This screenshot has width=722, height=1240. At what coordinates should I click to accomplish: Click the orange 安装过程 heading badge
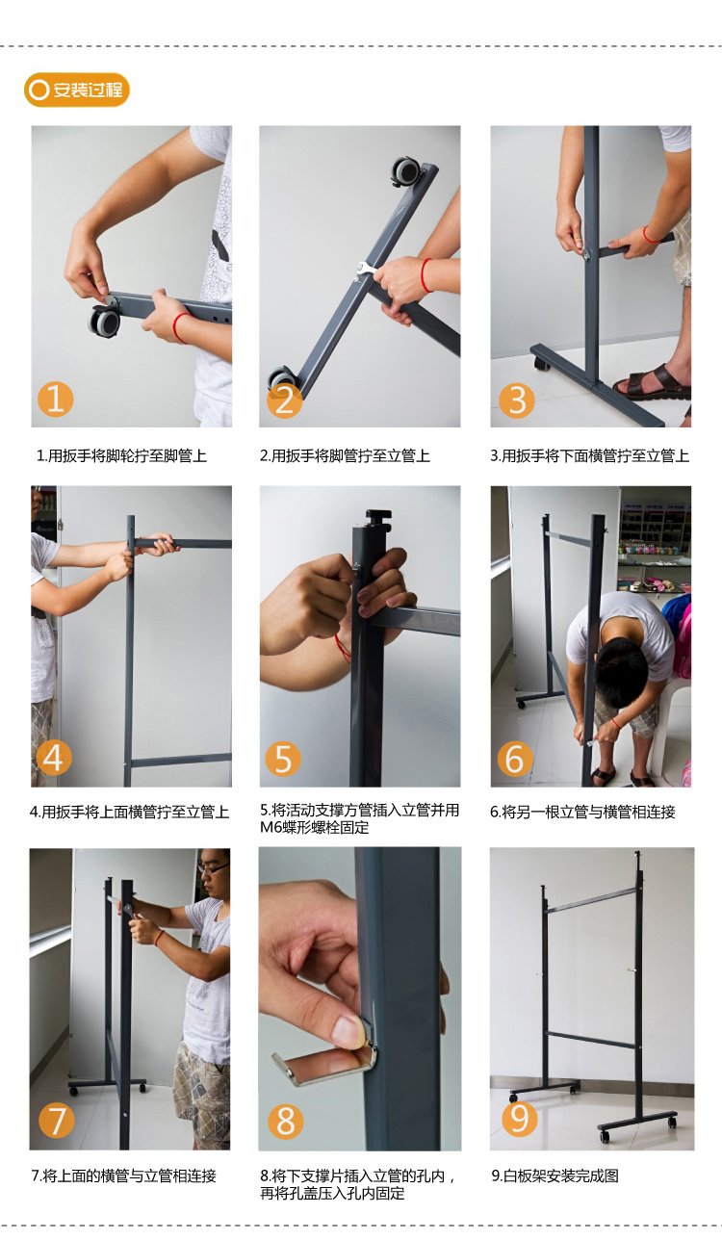[77, 90]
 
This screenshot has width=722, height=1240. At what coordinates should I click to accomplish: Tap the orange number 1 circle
[56, 399]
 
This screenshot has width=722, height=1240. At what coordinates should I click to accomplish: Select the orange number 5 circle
[283, 759]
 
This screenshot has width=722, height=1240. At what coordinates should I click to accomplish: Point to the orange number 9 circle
[519, 1119]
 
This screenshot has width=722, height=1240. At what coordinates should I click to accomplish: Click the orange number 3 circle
[517, 400]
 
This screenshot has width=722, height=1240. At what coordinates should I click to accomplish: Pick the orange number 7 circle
[57, 1121]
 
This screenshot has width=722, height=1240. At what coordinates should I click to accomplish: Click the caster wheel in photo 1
[104, 321]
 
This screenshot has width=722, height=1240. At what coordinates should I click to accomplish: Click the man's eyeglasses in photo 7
[214, 868]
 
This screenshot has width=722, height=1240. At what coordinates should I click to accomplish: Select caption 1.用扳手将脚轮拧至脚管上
[122, 455]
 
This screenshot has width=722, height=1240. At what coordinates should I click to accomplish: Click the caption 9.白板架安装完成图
[555, 1175]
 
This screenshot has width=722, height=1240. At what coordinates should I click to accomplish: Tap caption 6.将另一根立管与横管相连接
[583, 813]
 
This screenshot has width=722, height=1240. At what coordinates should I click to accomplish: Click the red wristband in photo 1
[180, 327]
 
